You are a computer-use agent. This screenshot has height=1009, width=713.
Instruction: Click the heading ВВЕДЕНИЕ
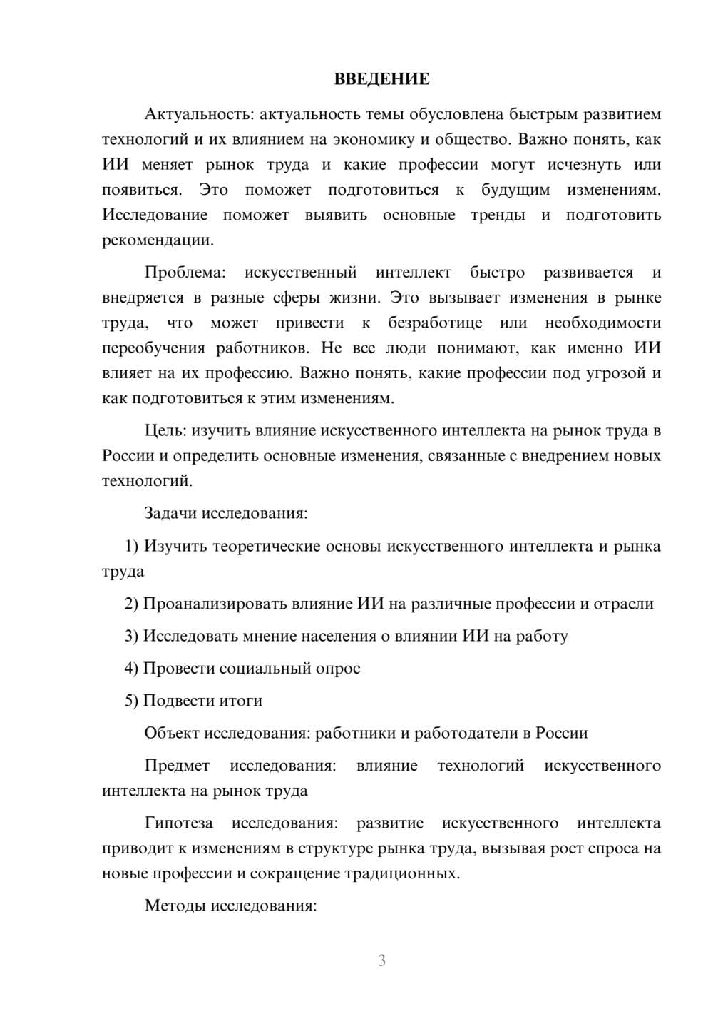[381, 79]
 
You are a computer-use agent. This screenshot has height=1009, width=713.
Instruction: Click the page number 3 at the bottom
[381, 960]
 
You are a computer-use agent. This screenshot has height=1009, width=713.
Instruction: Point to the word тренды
[498, 215]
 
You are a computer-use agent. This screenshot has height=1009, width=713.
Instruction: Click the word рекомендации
[158, 240]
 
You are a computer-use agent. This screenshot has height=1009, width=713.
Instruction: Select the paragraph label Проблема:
[185, 273]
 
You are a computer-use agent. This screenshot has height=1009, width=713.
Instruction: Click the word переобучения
[153, 348]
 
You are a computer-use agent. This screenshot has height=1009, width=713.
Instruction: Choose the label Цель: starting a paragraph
[165, 430]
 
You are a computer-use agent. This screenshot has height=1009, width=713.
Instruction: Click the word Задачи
[171, 513]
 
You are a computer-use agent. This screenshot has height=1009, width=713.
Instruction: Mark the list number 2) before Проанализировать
[131, 604]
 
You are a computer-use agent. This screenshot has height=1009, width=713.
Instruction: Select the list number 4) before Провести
[131, 669]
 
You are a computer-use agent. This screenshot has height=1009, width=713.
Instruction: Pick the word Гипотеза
[178, 823]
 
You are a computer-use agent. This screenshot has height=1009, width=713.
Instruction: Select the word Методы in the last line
[172, 906]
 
